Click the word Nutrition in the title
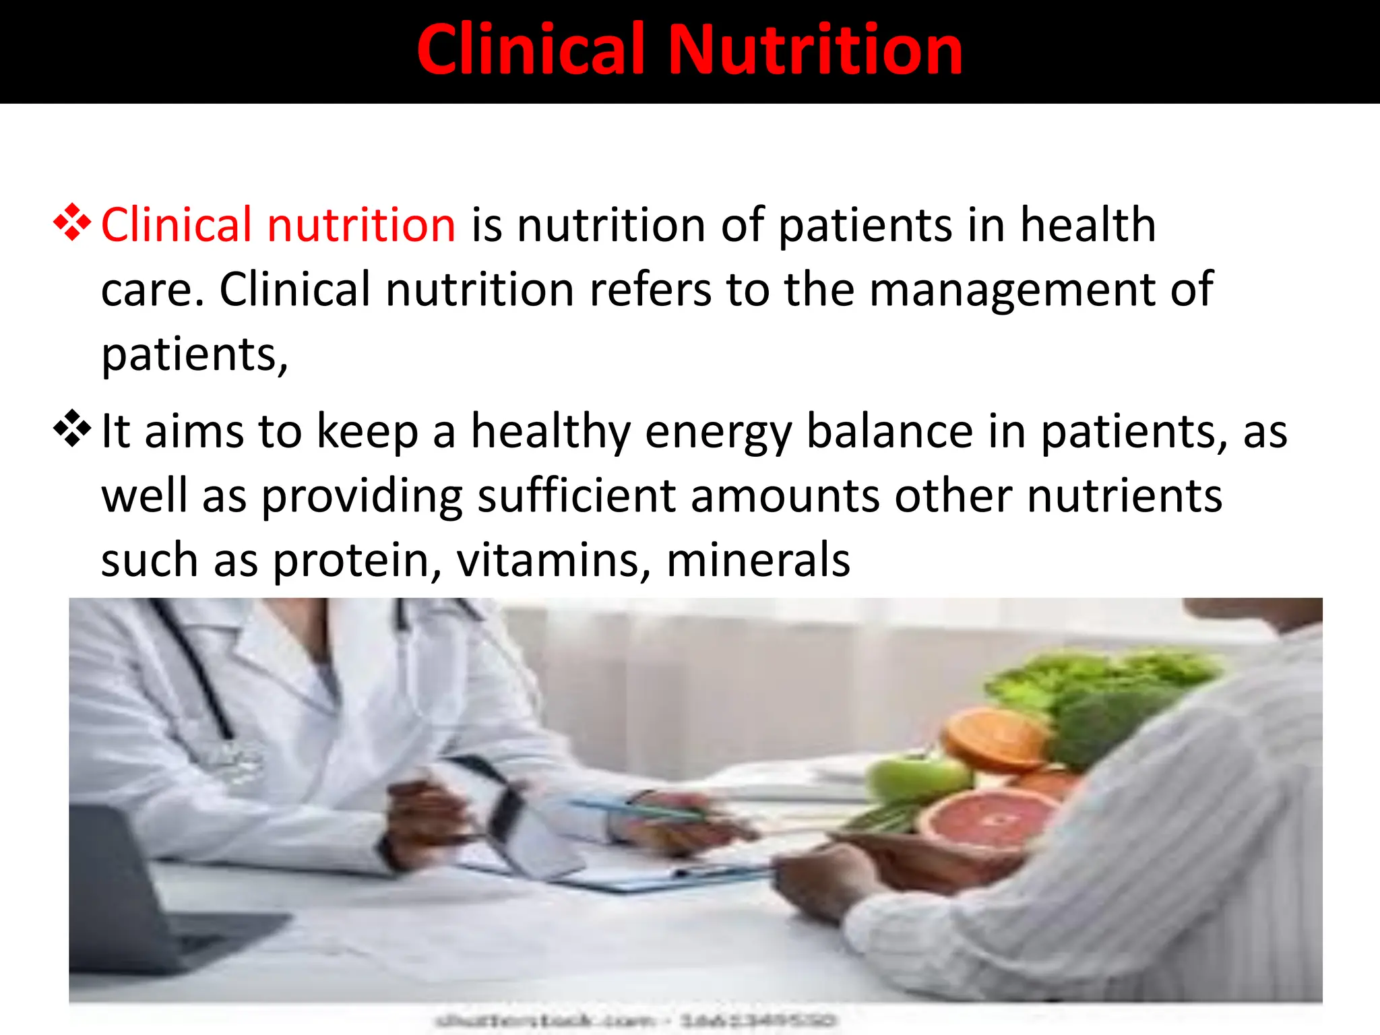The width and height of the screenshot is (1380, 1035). coord(816,50)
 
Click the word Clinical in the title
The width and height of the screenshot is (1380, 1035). coord(532,50)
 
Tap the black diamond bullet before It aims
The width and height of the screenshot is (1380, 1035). coord(72,429)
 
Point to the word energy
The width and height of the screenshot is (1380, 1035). coord(718,433)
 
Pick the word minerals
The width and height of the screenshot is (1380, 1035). coord(758,560)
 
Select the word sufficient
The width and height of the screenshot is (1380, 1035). coord(576,496)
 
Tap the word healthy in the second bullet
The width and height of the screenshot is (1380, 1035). coord(550,432)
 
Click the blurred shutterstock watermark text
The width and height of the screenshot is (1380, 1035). coord(633,1020)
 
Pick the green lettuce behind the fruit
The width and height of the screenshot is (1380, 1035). coord(1105,681)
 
